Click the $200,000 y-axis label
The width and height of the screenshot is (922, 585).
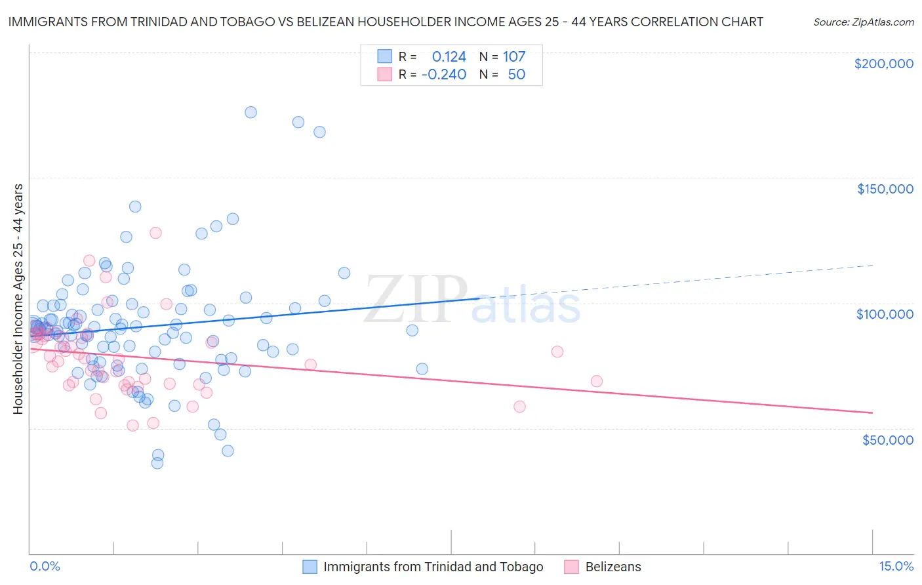883,64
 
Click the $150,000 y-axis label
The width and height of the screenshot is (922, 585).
885,189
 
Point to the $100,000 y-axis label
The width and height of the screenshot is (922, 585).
885,314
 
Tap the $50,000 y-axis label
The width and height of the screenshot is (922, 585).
887,439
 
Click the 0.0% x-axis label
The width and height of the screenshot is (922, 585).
45,566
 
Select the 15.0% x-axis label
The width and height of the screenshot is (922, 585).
896,566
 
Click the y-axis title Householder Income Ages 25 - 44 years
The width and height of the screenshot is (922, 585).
18,299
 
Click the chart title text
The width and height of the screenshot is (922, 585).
386,22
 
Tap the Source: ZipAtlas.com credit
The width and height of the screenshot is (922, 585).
863,22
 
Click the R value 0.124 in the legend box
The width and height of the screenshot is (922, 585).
449,56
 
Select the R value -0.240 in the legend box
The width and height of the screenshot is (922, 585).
444,74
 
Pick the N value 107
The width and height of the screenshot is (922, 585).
514,56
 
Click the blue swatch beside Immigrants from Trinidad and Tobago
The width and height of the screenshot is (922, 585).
310,567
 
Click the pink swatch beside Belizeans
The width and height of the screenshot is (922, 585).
571,567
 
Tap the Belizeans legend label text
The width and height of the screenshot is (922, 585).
613,567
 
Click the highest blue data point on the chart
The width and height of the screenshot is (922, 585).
251,112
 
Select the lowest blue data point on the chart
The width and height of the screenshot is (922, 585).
157,463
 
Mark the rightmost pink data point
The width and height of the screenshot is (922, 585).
596,381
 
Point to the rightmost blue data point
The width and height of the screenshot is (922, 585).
422,369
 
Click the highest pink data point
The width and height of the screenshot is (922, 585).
155,233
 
